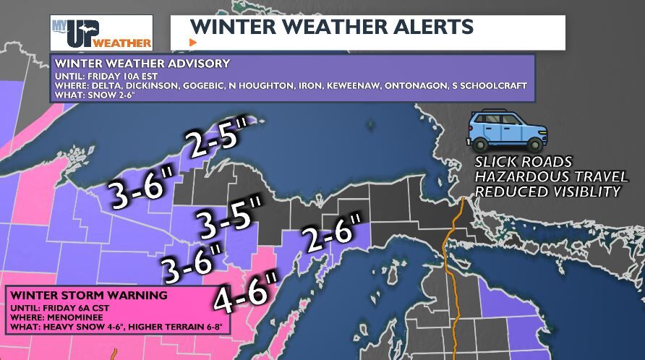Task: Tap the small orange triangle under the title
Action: tap(192, 42)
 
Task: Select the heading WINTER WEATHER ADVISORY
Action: tap(142, 63)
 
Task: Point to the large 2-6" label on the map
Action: tap(332, 234)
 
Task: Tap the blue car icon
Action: tap(507, 130)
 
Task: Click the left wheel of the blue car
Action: tap(486, 142)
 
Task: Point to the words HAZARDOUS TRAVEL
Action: tap(541, 176)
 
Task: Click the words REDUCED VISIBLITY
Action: tap(547, 192)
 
